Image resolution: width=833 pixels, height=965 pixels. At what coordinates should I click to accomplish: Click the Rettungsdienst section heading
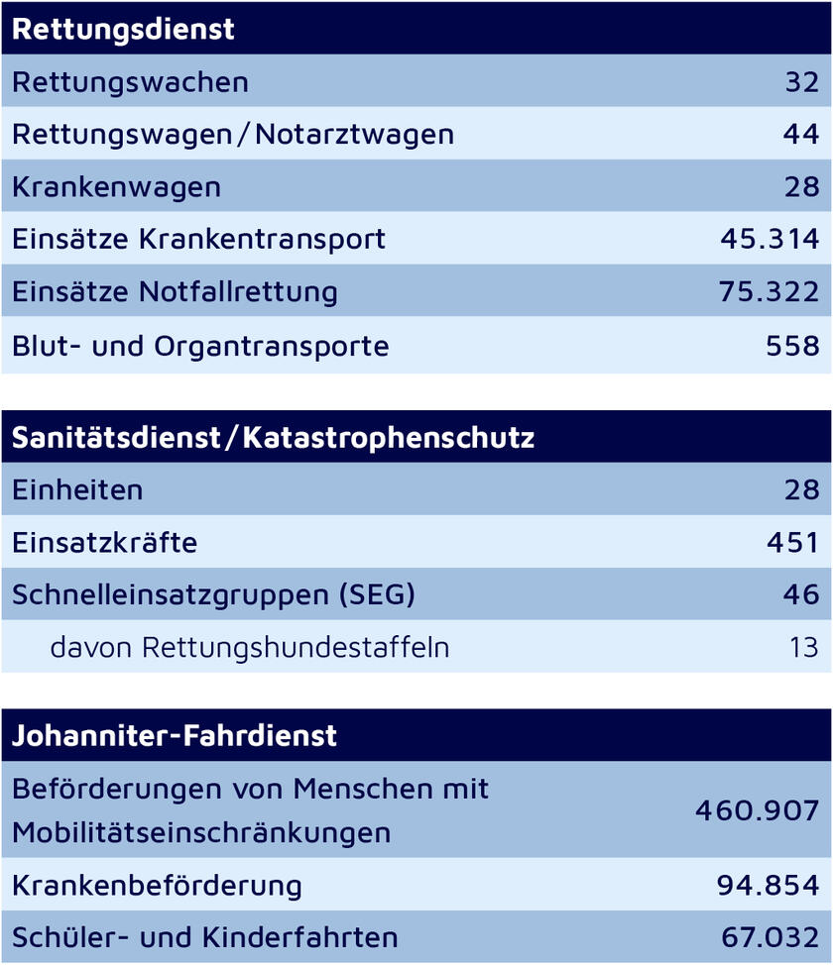pos(123,29)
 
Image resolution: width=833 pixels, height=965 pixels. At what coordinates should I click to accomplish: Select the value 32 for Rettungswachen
pos(801,81)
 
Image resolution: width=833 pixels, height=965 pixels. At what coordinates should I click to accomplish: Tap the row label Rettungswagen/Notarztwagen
pos(233,134)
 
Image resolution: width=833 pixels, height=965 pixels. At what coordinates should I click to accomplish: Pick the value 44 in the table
pos(801,134)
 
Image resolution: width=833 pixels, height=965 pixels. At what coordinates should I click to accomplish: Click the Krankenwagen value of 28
pos(801,186)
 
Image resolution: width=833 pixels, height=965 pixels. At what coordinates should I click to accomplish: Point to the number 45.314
pos(770,239)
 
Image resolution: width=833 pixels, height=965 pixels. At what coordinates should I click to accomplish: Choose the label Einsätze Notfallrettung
pos(175,292)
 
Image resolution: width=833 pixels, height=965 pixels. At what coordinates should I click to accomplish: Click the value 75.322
pos(770,292)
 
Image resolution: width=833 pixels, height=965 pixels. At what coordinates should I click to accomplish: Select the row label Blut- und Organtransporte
pos(200,346)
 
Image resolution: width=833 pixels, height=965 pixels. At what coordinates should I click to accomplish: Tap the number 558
pos(792,346)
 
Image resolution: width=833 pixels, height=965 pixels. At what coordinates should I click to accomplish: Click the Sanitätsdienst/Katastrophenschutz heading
pos(273,437)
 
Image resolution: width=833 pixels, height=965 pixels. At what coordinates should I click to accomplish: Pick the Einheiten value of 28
pos(801,489)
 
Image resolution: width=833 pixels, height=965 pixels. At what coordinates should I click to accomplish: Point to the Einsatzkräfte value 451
pos(792,543)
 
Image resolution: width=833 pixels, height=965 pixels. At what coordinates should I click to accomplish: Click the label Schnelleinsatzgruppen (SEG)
pos(213,594)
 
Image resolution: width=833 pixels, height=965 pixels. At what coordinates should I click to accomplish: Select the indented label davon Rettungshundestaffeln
pos(250,647)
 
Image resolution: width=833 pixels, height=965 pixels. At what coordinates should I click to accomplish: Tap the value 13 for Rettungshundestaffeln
pos(804,647)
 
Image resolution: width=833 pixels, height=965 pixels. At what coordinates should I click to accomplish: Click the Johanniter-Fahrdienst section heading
pos(175,736)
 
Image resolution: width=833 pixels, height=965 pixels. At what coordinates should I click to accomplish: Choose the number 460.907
pos(757,810)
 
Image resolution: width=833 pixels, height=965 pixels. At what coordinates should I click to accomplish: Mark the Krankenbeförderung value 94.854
pos(770,885)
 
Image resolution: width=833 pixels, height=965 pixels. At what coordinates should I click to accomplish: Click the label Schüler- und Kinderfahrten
pos(205,937)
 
